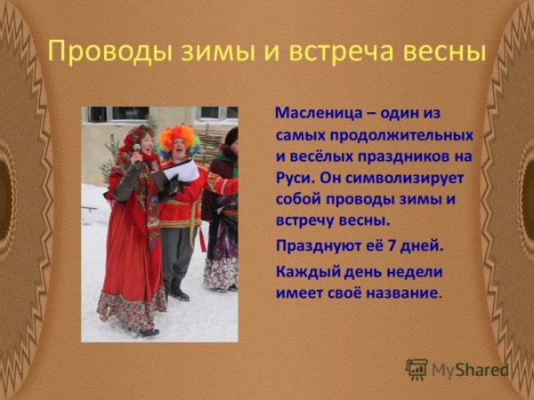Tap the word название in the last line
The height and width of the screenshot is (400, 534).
tap(400, 292)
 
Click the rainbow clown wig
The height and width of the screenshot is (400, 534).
tap(179, 139)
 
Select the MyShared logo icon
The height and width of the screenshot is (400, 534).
tap(416, 369)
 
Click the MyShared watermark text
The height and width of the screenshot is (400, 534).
tap(470, 370)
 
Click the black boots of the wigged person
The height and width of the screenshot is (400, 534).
tap(176, 291)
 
